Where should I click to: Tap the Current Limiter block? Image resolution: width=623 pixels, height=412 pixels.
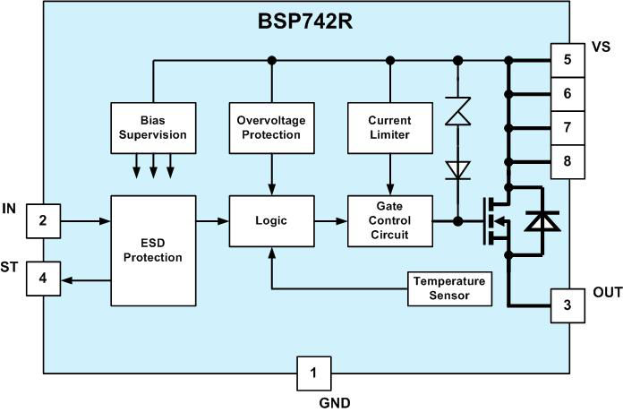(x=388, y=127)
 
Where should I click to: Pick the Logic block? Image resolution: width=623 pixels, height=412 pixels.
(x=270, y=219)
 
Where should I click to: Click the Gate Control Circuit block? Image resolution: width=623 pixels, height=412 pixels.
(x=388, y=220)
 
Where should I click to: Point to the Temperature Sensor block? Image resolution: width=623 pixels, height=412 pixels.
(x=449, y=288)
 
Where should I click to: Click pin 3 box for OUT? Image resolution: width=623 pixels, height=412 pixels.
(x=567, y=304)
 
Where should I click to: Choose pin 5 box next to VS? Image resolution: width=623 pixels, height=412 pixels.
(x=567, y=61)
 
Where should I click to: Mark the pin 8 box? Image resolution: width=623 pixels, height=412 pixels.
(x=567, y=161)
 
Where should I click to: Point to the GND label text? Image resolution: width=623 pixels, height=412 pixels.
(x=335, y=402)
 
